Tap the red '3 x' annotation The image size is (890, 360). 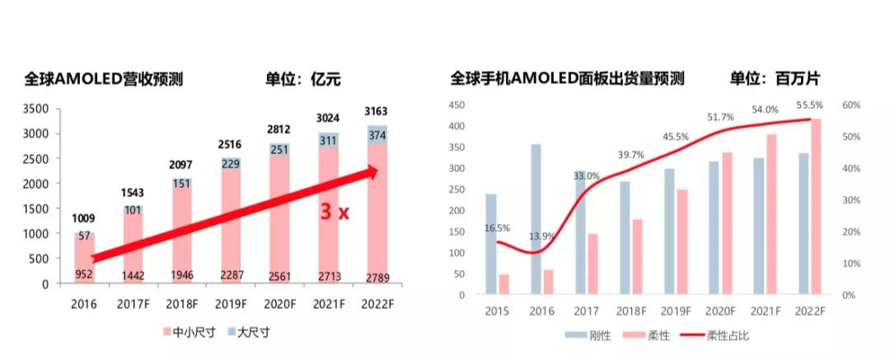coord(335,212)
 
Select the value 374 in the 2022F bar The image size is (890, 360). coord(376,135)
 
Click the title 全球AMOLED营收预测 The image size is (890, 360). coord(103,80)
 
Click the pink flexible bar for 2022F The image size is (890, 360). coord(816,206)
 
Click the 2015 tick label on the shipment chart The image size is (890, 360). coord(497,311)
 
